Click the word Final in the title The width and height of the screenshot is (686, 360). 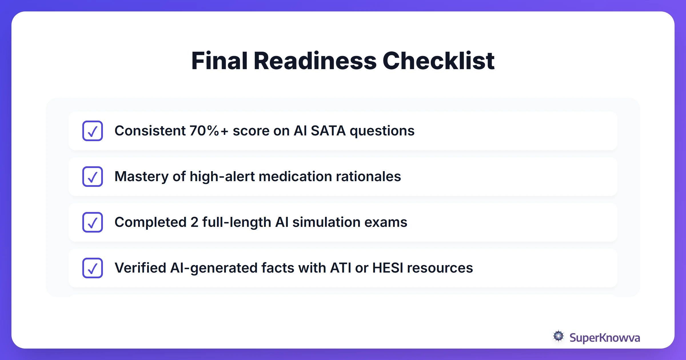pos(219,61)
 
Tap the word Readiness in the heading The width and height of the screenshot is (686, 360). pos(315,61)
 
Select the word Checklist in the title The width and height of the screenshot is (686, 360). pos(438,61)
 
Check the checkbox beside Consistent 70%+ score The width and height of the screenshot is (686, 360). pos(93,131)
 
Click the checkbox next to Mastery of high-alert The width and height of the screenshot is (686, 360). pos(93,177)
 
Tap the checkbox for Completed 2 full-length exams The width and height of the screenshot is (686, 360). pos(93,222)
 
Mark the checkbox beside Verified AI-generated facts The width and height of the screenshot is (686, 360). pos(93,268)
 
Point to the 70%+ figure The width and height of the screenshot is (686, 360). pos(209,131)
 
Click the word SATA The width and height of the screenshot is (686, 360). pos(328,131)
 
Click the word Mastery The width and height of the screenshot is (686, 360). pos(141,177)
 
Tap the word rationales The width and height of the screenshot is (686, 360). pos(368,177)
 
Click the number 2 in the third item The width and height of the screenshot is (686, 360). pos(194,222)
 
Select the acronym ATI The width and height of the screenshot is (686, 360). pos(341,268)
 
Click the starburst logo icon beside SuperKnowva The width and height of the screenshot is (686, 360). pos(558,336)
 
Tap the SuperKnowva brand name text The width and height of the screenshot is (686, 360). pos(605,338)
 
